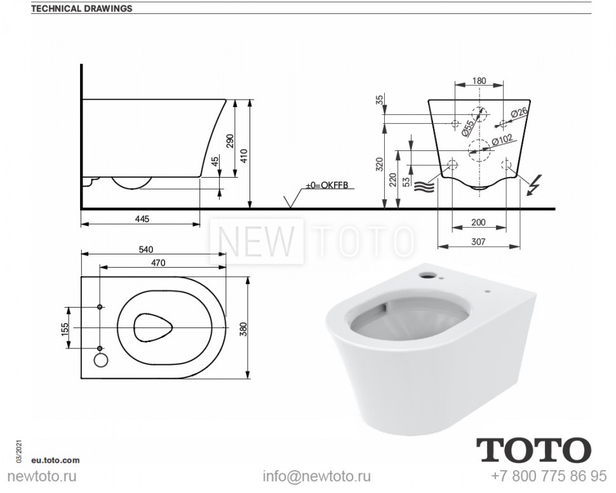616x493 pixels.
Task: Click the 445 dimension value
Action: click(x=142, y=219)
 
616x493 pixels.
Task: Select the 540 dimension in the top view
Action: click(x=145, y=249)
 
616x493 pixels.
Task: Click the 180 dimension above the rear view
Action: click(x=479, y=80)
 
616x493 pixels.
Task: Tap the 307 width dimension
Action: click(x=479, y=241)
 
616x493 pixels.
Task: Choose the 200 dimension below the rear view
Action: click(x=479, y=223)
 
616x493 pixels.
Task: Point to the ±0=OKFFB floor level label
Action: click(x=327, y=185)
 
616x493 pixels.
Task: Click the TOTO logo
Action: click(x=533, y=450)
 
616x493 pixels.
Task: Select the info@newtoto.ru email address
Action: click(x=317, y=476)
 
